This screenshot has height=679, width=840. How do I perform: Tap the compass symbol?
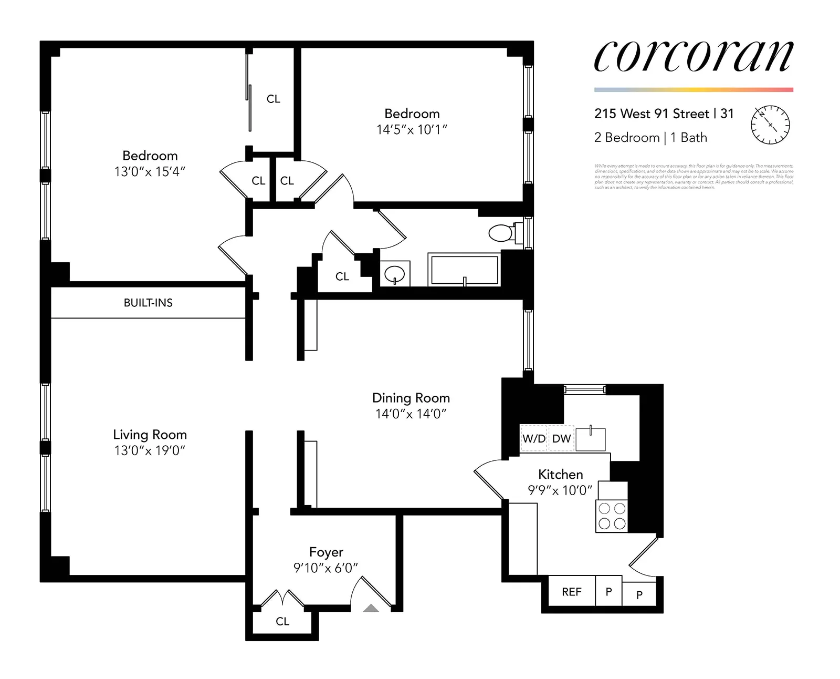click(770, 125)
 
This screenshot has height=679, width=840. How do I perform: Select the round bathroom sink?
click(394, 274)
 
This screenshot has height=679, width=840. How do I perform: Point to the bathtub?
click(464, 270)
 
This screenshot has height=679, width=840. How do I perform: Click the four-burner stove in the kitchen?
click(612, 516)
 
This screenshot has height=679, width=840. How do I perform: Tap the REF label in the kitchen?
click(571, 592)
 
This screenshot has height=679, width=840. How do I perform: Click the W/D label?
click(533, 439)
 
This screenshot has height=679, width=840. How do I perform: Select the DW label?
click(561, 439)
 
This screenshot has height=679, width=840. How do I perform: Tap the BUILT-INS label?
click(148, 303)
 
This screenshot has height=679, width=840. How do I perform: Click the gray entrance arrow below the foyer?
click(371, 609)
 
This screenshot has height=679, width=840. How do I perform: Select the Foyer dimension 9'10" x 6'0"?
click(325, 568)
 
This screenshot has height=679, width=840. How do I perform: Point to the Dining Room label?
click(411, 398)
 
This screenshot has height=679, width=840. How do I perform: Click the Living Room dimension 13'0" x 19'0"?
click(150, 450)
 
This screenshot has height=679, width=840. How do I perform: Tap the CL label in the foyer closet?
click(282, 621)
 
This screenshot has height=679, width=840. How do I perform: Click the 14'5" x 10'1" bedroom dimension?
click(412, 130)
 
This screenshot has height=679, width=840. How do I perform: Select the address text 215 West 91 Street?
click(652, 114)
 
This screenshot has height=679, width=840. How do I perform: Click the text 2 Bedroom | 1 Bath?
click(650, 138)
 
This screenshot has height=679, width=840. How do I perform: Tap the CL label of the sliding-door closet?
click(273, 99)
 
